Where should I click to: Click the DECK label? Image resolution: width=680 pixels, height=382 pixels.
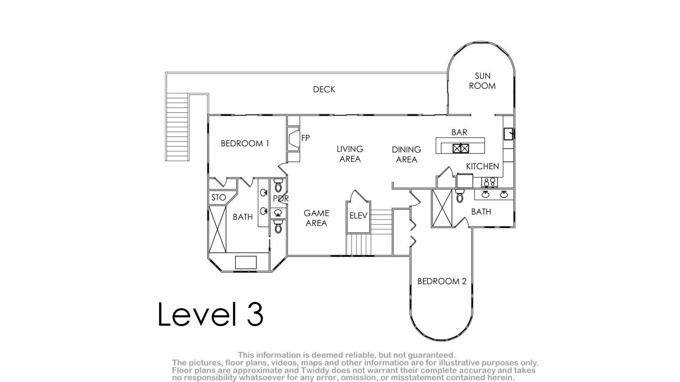324,89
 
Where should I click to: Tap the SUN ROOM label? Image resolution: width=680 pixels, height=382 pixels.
482,81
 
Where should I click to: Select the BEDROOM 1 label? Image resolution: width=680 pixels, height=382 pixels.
245,143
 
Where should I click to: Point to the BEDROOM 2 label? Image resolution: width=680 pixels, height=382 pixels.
442,281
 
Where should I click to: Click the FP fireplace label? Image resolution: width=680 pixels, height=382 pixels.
305,138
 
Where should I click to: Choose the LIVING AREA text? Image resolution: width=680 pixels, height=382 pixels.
350,154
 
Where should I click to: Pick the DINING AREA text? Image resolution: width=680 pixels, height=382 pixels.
407,154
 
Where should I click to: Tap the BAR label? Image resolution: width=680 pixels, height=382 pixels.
459,133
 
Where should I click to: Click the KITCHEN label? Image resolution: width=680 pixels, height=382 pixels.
482,166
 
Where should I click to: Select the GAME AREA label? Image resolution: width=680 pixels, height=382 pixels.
316,218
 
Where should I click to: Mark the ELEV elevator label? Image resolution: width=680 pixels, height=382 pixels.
358,216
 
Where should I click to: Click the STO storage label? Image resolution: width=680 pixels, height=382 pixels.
219,198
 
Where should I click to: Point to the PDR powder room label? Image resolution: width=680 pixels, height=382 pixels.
281,199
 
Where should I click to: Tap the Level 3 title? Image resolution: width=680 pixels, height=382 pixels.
210,314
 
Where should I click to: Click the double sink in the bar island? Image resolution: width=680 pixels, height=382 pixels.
461,148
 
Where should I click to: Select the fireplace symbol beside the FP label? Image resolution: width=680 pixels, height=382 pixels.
293,138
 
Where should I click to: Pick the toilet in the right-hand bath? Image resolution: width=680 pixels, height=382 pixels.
460,196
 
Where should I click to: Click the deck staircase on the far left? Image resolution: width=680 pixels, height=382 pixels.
177,127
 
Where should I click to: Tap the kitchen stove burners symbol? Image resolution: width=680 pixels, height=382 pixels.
489,182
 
